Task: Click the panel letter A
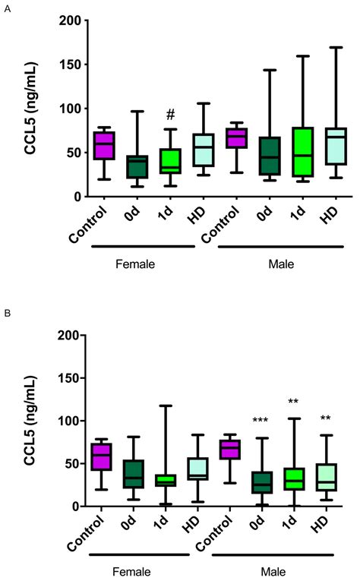[7, 8]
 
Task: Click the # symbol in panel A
[171, 115]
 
